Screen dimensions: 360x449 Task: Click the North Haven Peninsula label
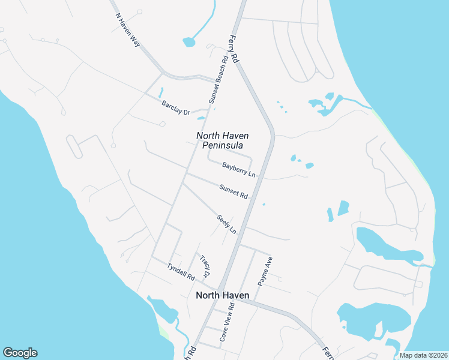[223, 140]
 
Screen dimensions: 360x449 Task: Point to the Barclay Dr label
[175, 108]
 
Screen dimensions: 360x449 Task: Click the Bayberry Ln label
[239, 169]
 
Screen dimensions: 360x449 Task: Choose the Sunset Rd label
[234, 191]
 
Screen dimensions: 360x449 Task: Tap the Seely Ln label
[226, 224]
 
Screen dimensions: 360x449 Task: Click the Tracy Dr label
[205, 266]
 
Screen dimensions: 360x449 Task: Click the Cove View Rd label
[226, 322]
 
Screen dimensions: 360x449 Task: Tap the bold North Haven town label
[222, 295]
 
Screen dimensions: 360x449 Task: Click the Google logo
[20, 353]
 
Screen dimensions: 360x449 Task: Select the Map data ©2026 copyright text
[423, 355]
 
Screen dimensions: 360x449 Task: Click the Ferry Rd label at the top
[234, 50]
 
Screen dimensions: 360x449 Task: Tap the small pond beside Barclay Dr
[161, 94]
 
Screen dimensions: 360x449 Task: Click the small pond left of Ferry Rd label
[189, 42]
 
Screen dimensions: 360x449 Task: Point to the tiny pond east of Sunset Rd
[264, 204]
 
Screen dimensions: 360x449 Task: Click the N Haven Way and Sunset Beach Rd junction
[215, 79]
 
